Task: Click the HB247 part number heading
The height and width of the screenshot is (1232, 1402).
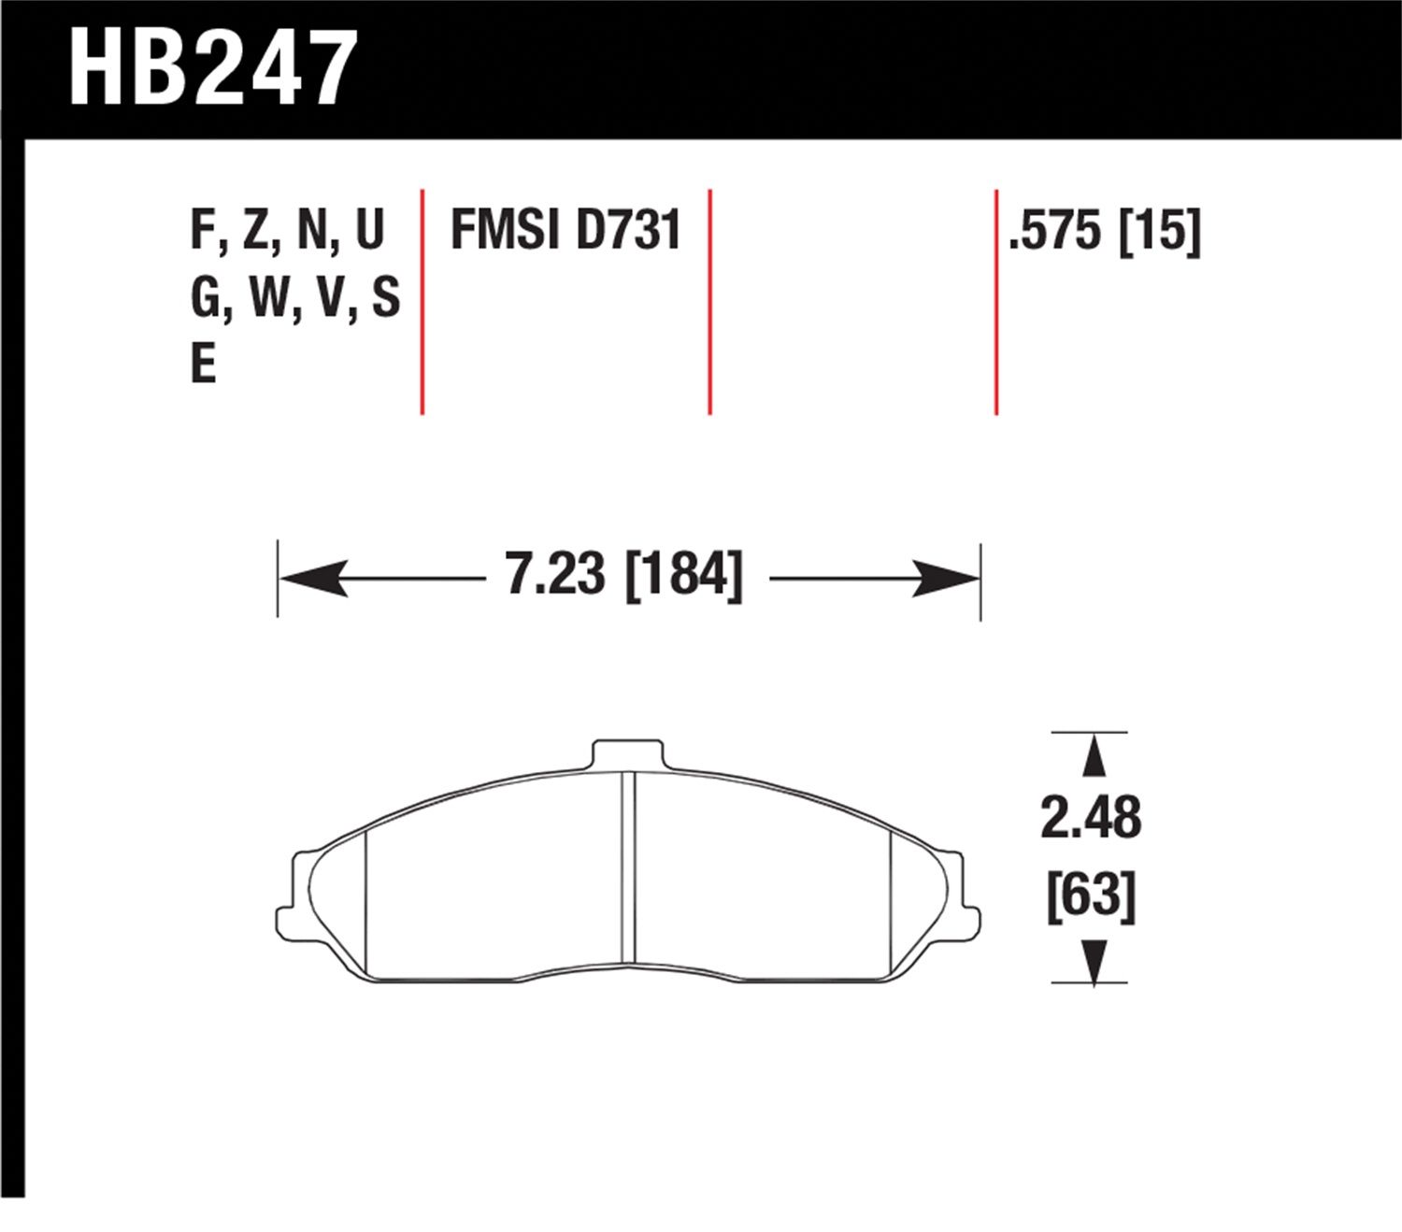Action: pyautogui.click(x=212, y=68)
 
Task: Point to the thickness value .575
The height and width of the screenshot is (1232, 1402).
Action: pyautogui.click(x=1055, y=231)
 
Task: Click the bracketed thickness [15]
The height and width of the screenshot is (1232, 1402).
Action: pyautogui.click(x=1160, y=231)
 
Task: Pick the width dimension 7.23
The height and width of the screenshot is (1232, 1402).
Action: pyautogui.click(x=555, y=574)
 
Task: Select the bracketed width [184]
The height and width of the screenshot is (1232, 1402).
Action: pyautogui.click(x=683, y=575)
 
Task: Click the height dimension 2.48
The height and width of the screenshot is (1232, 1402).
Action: pyautogui.click(x=1091, y=817)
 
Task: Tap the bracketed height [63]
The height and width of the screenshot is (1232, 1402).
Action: pyautogui.click(x=1092, y=897)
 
